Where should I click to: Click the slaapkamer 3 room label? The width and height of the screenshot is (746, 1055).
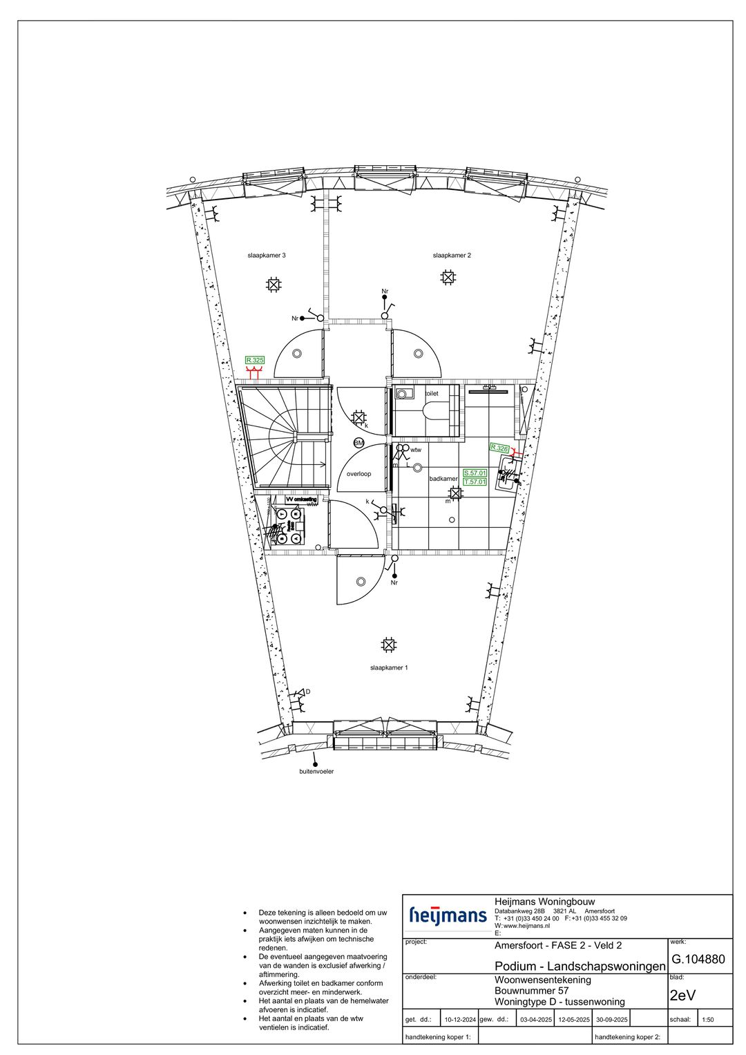(x=267, y=256)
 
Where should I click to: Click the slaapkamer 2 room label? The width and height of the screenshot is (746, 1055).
(x=452, y=256)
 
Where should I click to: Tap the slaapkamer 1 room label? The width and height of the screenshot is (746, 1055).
(x=389, y=668)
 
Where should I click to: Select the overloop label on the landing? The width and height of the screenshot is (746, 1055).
(x=358, y=474)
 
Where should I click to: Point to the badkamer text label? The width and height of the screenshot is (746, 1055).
(x=443, y=479)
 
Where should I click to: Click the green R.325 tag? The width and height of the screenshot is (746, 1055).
(x=255, y=360)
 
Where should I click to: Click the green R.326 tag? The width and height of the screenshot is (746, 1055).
(x=499, y=448)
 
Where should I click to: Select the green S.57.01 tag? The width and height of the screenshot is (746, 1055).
(x=475, y=473)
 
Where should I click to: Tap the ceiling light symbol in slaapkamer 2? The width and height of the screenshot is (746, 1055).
(x=448, y=278)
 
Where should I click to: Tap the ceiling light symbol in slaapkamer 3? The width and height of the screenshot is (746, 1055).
(x=274, y=284)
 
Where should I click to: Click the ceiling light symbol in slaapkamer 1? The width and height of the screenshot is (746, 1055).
(x=389, y=645)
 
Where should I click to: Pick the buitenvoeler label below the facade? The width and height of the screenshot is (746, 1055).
(x=316, y=771)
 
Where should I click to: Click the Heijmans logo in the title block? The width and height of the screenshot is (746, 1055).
(x=448, y=915)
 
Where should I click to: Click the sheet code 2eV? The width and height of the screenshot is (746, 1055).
(x=683, y=996)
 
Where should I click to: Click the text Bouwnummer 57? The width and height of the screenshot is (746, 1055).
(x=532, y=991)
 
